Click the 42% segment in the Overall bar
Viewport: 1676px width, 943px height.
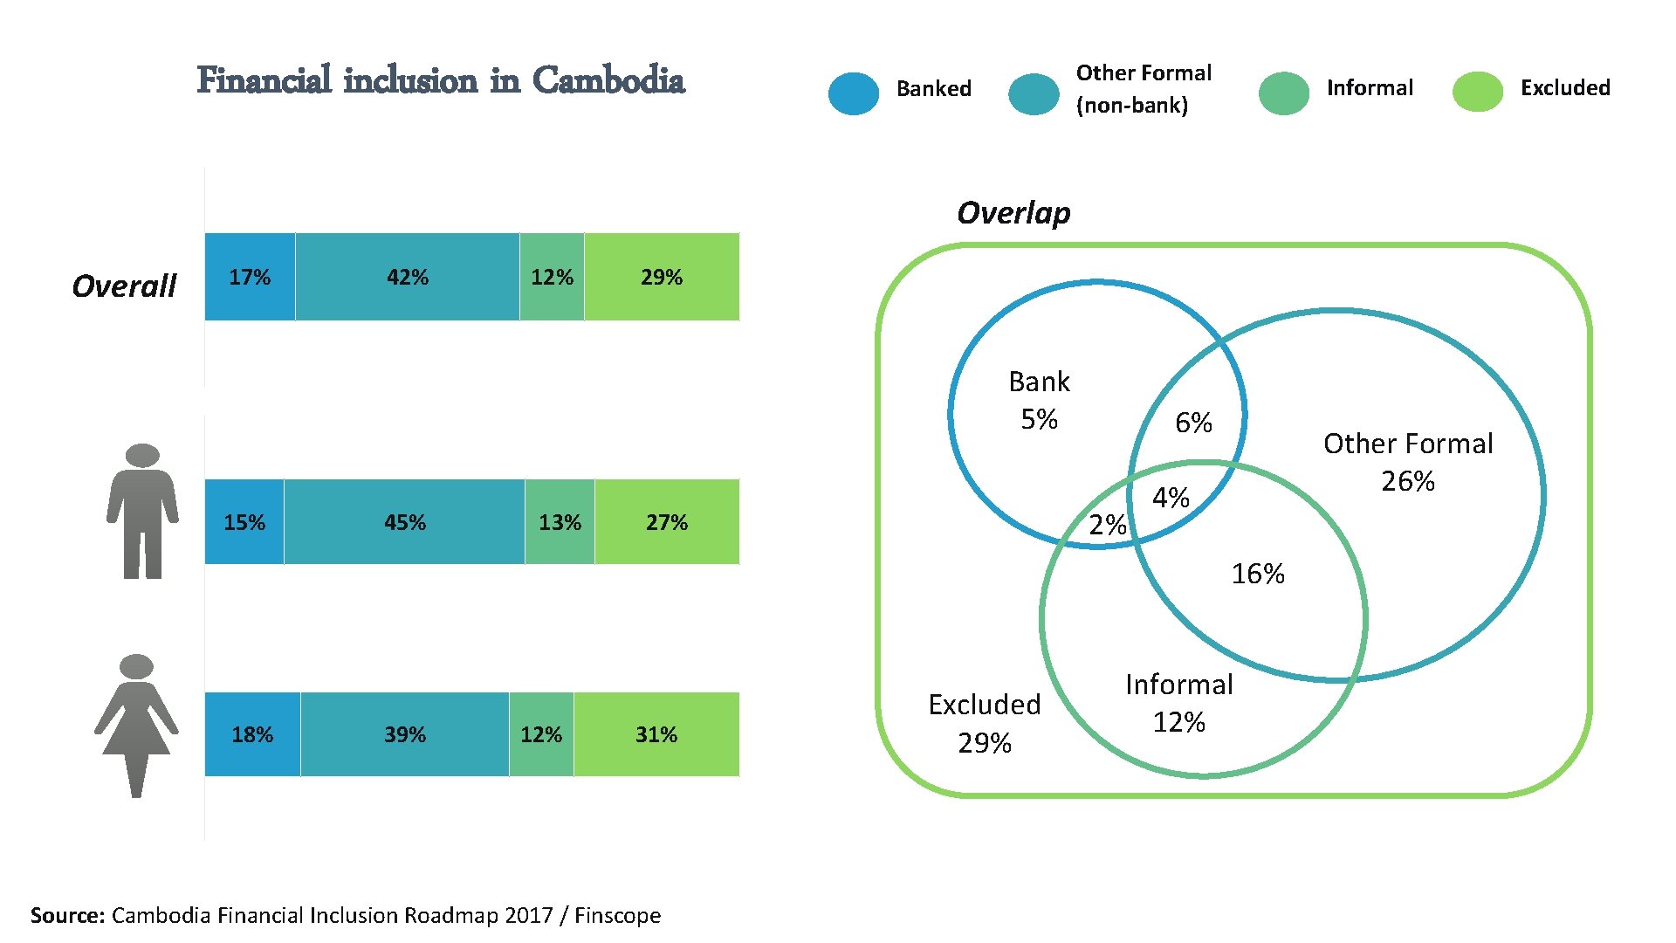click(407, 277)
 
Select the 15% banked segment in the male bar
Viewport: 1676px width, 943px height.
click(244, 522)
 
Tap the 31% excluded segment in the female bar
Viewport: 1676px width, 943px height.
click(656, 734)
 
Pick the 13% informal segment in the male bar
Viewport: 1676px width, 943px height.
click(560, 522)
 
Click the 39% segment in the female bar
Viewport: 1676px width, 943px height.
click(405, 734)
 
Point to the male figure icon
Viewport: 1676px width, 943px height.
click(142, 511)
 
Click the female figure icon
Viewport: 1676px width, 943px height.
click(136, 725)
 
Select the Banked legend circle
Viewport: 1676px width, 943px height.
click(854, 93)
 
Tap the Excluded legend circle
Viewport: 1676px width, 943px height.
click(1477, 92)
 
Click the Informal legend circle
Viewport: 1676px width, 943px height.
click(1283, 93)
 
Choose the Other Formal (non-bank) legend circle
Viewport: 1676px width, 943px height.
click(1034, 94)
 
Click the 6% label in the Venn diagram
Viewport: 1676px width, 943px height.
click(1193, 423)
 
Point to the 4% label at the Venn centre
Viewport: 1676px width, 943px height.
click(1171, 498)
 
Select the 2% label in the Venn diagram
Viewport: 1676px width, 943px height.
click(1107, 525)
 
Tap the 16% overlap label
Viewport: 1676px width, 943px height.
click(1257, 574)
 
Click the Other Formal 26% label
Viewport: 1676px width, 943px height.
click(1407, 462)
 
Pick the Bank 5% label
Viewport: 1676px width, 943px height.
click(1039, 400)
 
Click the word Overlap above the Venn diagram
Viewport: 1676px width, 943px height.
click(1013, 213)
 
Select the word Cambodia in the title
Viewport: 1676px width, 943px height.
click(608, 80)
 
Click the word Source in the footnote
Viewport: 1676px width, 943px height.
click(67, 915)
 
